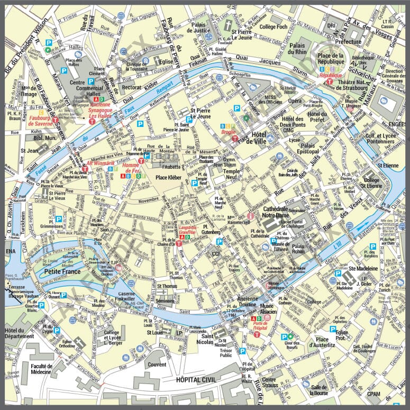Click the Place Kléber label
(169, 177)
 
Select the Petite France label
(62, 272)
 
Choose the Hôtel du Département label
(19, 333)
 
